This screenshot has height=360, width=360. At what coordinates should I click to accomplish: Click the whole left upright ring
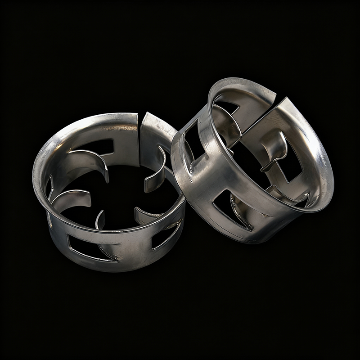pos(108,193)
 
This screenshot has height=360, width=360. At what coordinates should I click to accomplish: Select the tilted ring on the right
pos(252,162)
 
